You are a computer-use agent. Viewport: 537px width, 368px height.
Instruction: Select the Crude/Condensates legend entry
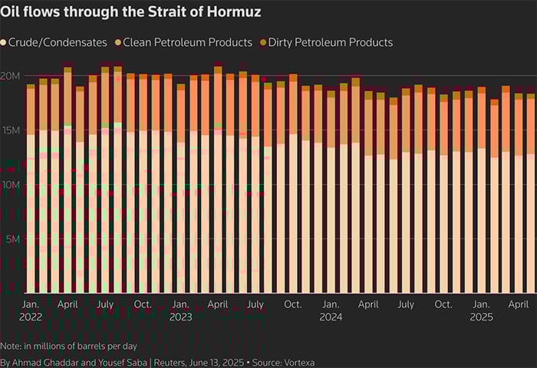[53, 42]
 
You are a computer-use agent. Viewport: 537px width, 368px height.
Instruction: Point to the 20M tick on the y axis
[11, 76]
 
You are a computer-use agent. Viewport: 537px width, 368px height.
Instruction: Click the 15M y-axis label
[11, 130]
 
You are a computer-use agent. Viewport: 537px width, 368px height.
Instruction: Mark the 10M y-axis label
[11, 185]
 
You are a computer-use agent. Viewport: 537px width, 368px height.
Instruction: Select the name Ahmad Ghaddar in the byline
[44, 362]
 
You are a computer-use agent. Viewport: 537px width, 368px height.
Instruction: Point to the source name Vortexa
[299, 362]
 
